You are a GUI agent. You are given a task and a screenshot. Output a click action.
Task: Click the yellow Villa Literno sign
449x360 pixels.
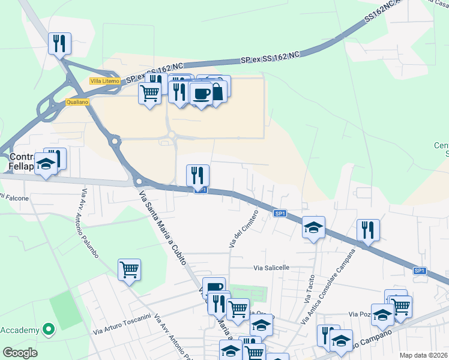click(104, 81)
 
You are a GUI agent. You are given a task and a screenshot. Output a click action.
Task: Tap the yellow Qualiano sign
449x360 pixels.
click(77, 103)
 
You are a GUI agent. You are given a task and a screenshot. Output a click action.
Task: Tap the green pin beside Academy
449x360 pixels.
click(49, 329)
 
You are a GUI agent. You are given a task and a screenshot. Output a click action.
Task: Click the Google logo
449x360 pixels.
click(20, 353)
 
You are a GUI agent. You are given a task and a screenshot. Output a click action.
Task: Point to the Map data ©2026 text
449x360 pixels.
click(423, 355)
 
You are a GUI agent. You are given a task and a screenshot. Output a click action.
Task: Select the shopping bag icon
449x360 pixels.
click(217, 92)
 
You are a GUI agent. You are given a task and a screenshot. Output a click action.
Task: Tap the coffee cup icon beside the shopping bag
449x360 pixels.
click(202, 94)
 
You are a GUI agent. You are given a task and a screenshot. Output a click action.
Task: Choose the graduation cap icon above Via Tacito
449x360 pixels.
click(313, 227)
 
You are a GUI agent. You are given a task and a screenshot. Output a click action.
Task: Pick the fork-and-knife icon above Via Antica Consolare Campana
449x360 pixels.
click(368, 229)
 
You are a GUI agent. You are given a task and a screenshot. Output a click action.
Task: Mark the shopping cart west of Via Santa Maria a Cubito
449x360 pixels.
click(129, 269)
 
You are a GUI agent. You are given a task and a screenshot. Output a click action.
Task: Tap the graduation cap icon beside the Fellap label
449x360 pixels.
click(45, 163)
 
